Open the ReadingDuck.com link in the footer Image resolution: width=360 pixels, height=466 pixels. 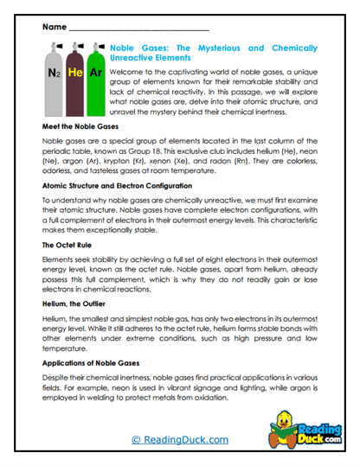[179, 440]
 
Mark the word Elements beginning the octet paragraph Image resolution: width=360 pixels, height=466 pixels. [61, 264]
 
